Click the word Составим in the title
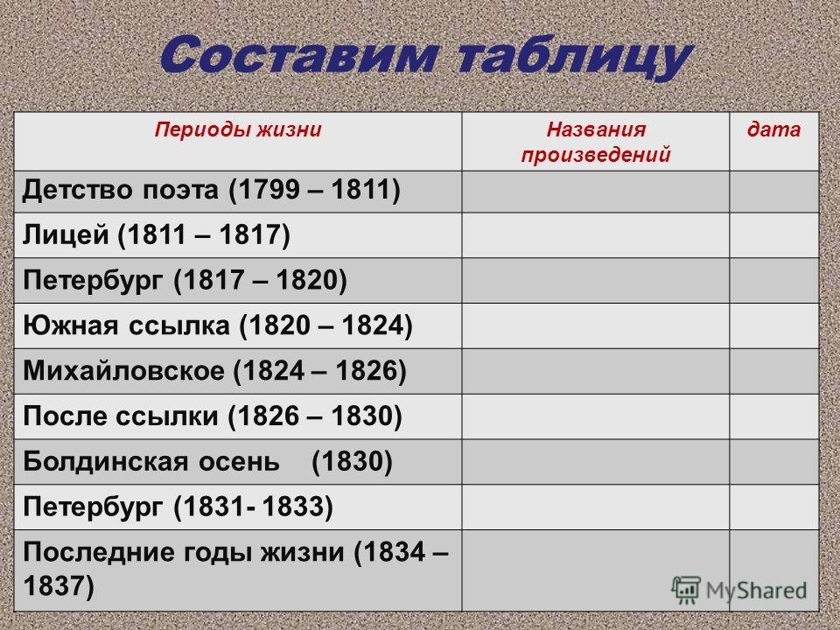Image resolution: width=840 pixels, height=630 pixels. tap(299, 55)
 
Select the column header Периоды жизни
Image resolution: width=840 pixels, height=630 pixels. tap(238, 130)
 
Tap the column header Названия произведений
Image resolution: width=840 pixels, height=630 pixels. tap(596, 142)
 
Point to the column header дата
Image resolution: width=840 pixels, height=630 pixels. tap(774, 129)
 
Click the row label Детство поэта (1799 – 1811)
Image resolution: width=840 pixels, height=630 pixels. tap(212, 190)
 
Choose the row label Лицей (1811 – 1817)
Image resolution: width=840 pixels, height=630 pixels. tap(157, 235)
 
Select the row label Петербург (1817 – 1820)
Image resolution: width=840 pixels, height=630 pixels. tap(185, 281)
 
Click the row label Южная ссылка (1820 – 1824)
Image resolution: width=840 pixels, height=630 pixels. tap(218, 325)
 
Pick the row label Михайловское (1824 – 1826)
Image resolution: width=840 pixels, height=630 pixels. tap(215, 371)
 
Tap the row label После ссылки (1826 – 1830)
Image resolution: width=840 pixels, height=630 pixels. tap(212, 416)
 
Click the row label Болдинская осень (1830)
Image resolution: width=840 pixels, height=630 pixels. tap(207, 462)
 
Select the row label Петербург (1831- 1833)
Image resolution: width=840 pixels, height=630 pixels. tap(178, 507)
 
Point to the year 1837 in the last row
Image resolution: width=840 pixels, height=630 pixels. tap(59, 585)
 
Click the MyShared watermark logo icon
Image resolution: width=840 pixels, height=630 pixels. tap(686, 591)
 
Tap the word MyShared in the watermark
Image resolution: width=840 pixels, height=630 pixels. tap(756, 591)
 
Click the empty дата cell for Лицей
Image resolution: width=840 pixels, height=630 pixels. tap(774, 235)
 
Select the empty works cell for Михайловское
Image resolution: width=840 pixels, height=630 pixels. tap(596, 371)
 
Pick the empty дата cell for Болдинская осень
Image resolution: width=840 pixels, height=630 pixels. tap(774, 462)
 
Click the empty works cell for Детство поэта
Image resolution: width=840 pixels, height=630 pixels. tap(596, 192)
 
